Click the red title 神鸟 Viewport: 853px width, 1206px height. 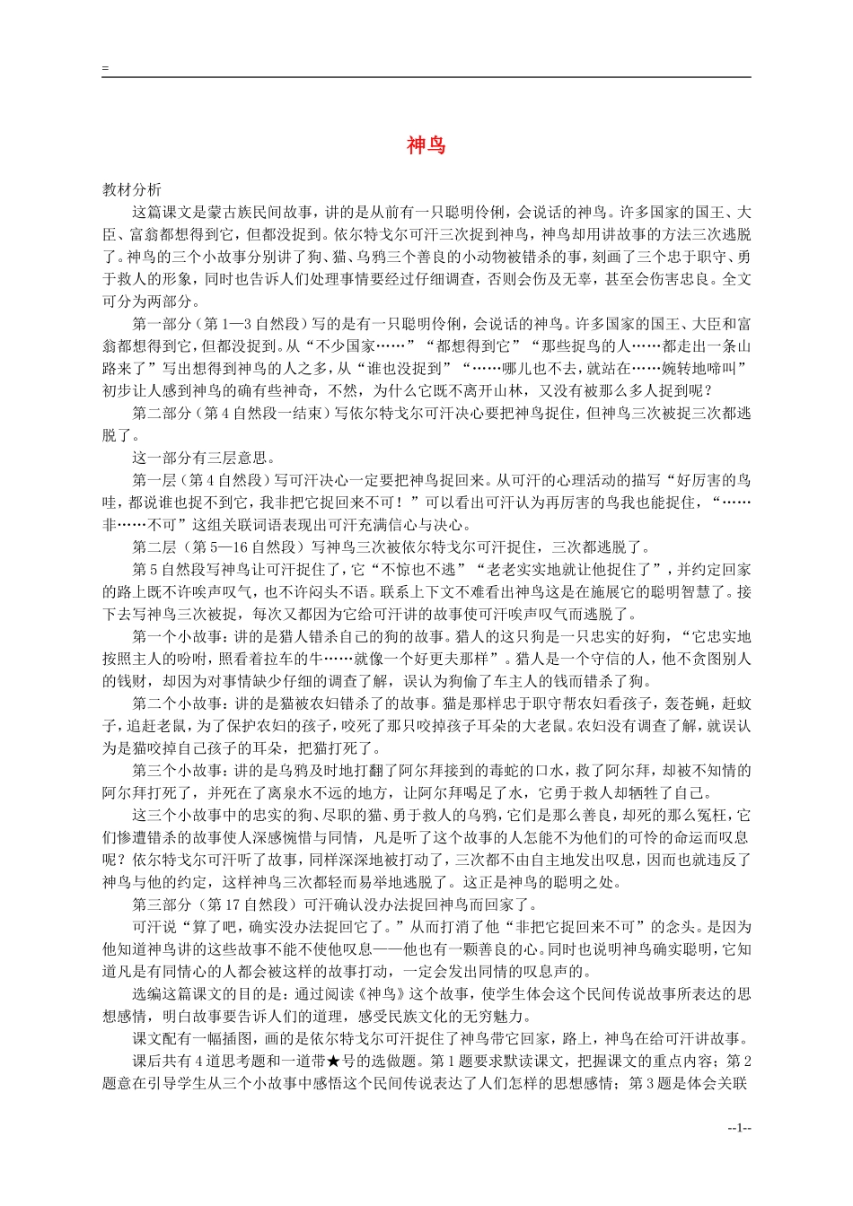(426, 145)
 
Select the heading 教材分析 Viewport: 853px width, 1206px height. (132, 190)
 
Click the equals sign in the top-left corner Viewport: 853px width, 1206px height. (105, 68)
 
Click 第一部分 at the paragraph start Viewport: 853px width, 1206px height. (162, 324)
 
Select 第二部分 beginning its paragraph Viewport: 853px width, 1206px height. (162, 413)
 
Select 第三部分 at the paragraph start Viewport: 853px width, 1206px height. (162, 904)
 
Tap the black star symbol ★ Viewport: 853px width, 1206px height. (333, 1062)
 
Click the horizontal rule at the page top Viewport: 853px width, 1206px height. (426, 77)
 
